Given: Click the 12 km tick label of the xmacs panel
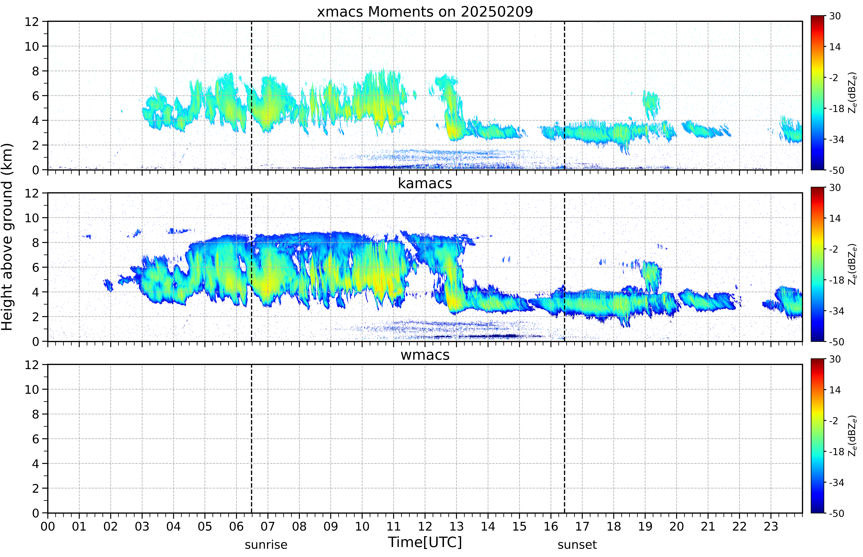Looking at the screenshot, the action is point(32,22).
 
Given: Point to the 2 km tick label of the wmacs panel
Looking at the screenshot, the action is point(35,488).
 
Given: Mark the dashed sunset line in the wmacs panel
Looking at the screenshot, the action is point(564,439).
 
